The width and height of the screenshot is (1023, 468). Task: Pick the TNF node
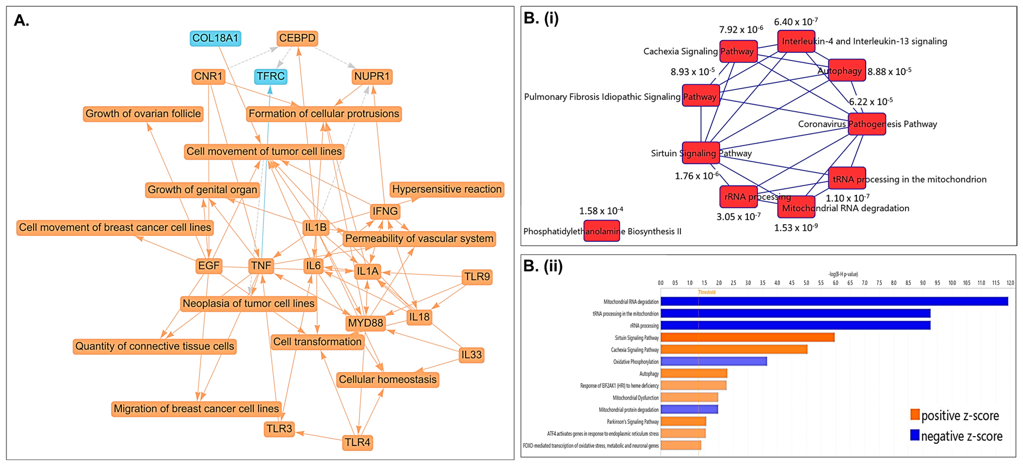pyautogui.click(x=261, y=266)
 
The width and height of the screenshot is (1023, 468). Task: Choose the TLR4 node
pyautogui.click(x=357, y=443)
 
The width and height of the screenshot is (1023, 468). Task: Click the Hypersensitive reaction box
pyautogui.click(x=447, y=189)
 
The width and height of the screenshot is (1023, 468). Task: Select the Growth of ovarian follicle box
pyautogui.click(x=143, y=114)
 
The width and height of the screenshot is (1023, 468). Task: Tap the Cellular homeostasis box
pyautogui.click(x=387, y=380)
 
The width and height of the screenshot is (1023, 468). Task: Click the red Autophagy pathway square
pyautogui.click(x=847, y=70)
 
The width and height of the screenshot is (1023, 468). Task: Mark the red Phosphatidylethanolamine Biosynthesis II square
pyautogui.click(x=601, y=231)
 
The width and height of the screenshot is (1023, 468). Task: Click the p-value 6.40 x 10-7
pyautogui.click(x=795, y=22)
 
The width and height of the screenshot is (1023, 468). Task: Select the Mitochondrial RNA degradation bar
pyautogui.click(x=834, y=301)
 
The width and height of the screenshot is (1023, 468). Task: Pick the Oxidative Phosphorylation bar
pyautogui.click(x=714, y=361)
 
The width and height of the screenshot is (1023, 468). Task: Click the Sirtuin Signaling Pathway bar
pyautogui.click(x=747, y=338)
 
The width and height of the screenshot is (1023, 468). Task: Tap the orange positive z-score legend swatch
pyautogui.click(x=915, y=415)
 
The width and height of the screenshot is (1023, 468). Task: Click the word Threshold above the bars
pyautogui.click(x=707, y=292)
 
